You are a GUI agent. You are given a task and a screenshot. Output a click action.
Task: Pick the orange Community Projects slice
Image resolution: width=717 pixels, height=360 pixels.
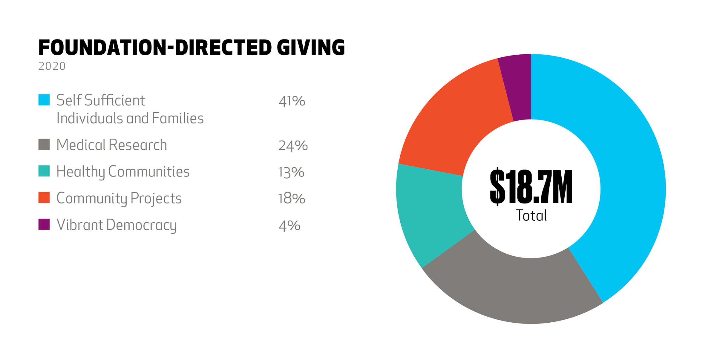point(457,120)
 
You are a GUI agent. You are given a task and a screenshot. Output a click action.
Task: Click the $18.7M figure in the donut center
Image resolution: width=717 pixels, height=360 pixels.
point(531,187)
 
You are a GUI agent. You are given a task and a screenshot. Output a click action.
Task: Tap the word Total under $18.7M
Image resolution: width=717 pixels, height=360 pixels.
point(531,215)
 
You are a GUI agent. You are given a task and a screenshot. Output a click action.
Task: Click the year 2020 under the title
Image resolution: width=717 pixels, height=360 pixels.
point(52,66)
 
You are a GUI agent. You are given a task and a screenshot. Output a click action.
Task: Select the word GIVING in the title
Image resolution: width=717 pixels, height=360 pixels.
point(311,48)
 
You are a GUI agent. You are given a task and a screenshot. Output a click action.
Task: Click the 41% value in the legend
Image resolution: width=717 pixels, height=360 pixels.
point(292,101)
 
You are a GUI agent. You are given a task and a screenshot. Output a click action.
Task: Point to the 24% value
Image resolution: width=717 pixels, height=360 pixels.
point(293,145)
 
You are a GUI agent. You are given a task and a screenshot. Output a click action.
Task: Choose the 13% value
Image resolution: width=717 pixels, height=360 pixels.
point(291,172)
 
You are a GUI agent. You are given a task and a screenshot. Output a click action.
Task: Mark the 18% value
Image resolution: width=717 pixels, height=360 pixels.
point(291,199)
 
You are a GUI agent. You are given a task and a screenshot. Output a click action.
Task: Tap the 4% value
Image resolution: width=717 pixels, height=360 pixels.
point(289,226)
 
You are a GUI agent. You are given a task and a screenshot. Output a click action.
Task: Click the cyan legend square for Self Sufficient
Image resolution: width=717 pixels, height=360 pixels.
point(44,100)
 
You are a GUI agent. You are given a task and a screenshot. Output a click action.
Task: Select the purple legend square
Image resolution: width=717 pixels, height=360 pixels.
point(44,224)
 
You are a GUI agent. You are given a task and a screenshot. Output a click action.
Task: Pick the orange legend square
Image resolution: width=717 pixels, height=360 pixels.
point(44,197)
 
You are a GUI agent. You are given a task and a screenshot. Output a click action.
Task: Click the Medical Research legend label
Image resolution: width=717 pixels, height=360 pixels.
point(111,145)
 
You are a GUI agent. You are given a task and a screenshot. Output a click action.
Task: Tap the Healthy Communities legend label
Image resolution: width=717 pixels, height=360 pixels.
point(123,171)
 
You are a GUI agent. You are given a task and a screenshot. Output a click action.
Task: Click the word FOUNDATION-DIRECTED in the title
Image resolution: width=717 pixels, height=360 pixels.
point(155,48)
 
